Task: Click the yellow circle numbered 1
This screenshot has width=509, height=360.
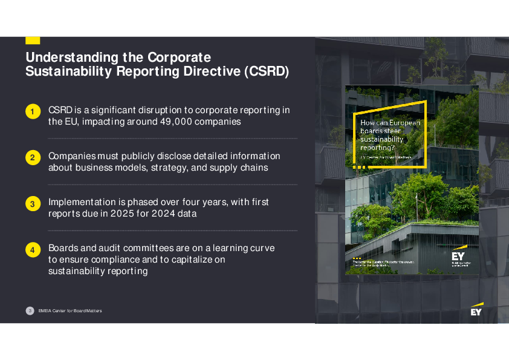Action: tap(32, 111)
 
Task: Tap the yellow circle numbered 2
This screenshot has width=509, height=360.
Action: tap(32, 157)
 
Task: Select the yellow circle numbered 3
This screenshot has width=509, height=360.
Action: tap(32, 204)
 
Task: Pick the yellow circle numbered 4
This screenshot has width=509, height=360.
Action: tap(32, 249)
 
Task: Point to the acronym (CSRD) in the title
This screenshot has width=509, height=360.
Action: tap(267, 72)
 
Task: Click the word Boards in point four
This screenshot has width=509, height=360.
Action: tap(63, 248)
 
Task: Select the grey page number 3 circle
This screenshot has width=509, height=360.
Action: tap(30, 310)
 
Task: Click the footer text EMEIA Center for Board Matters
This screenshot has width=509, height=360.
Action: tap(70, 310)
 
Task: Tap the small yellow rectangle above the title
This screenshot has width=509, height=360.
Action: tap(33, 40)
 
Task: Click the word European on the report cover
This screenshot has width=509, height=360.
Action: tap(404, 123)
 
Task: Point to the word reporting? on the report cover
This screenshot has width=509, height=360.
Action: tap(377, 147)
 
